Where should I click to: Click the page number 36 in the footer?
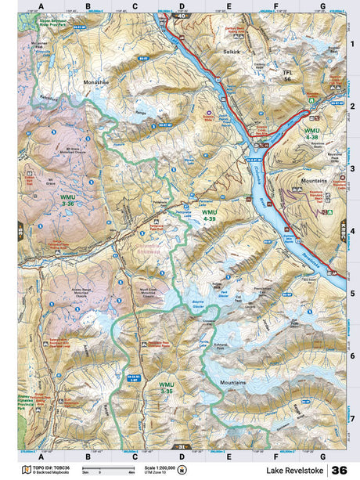339,470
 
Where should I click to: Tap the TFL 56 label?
286,75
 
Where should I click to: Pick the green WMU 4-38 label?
311,132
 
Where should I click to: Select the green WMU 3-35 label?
166,388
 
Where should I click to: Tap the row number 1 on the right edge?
352,45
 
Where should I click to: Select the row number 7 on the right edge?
352,418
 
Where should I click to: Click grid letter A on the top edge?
41,7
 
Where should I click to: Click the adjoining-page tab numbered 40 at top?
182,15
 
